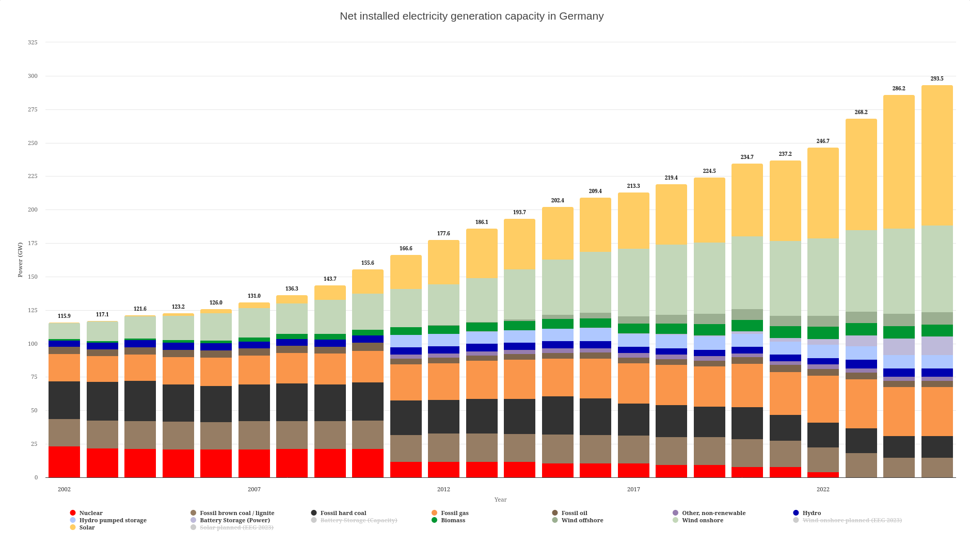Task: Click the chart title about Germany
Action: [471, 16]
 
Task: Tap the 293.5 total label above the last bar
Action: [936, 79]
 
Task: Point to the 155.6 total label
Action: [368, 263]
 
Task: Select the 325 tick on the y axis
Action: [33, 42]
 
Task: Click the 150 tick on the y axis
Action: [33, 277]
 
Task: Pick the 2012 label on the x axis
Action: [443, 489]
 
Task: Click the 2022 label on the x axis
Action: [823, 489]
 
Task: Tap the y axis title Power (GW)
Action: [20, 260]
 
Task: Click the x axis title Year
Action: [500, 500]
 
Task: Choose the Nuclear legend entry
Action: [91, 513]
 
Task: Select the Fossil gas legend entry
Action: [454, 513]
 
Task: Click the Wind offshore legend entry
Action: [582, 520]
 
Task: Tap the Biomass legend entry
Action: [453, 520]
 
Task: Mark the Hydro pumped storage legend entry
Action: [113, 520]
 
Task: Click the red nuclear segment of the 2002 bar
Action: [64, 462]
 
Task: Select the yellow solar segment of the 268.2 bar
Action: [861, 174]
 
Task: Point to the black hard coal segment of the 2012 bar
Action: [443, 416]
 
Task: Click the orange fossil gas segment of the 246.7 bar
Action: [823, 399]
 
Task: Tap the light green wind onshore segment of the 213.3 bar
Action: [633, 282]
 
